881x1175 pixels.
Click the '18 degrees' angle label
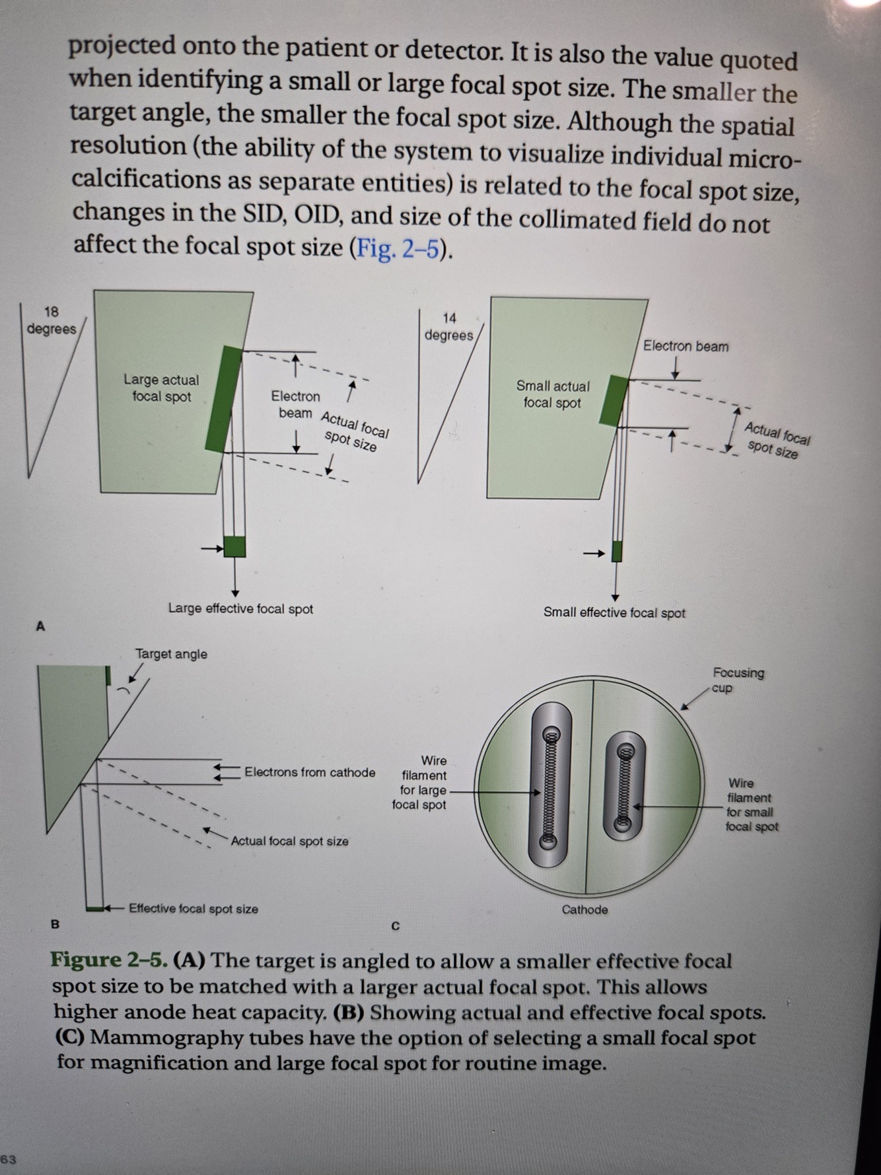(x=52, y=320)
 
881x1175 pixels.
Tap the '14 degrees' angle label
(x=449, y=327)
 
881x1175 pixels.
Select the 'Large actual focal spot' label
(x=161, y=388)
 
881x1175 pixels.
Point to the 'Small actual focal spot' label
(x=553, y=394)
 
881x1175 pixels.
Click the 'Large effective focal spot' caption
(x=240, y=608)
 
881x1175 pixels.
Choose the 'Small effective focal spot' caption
(x=614, y=612)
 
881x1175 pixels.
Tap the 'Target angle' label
(x=171, y=654)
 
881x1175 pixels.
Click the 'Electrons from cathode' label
(x=310, y=772)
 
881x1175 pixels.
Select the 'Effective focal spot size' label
(x=194, y=909)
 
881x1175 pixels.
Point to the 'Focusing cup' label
(x=738, y=680)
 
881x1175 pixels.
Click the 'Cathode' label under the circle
(x=584, y=909)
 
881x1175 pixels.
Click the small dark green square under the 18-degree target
(x=234, y=547)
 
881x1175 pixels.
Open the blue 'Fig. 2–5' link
(x=398, y=248)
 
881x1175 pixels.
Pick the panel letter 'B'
(x=55, y=925)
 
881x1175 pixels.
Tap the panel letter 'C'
(x=396, y=926)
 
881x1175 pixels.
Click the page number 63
(x=9, y=1158)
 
